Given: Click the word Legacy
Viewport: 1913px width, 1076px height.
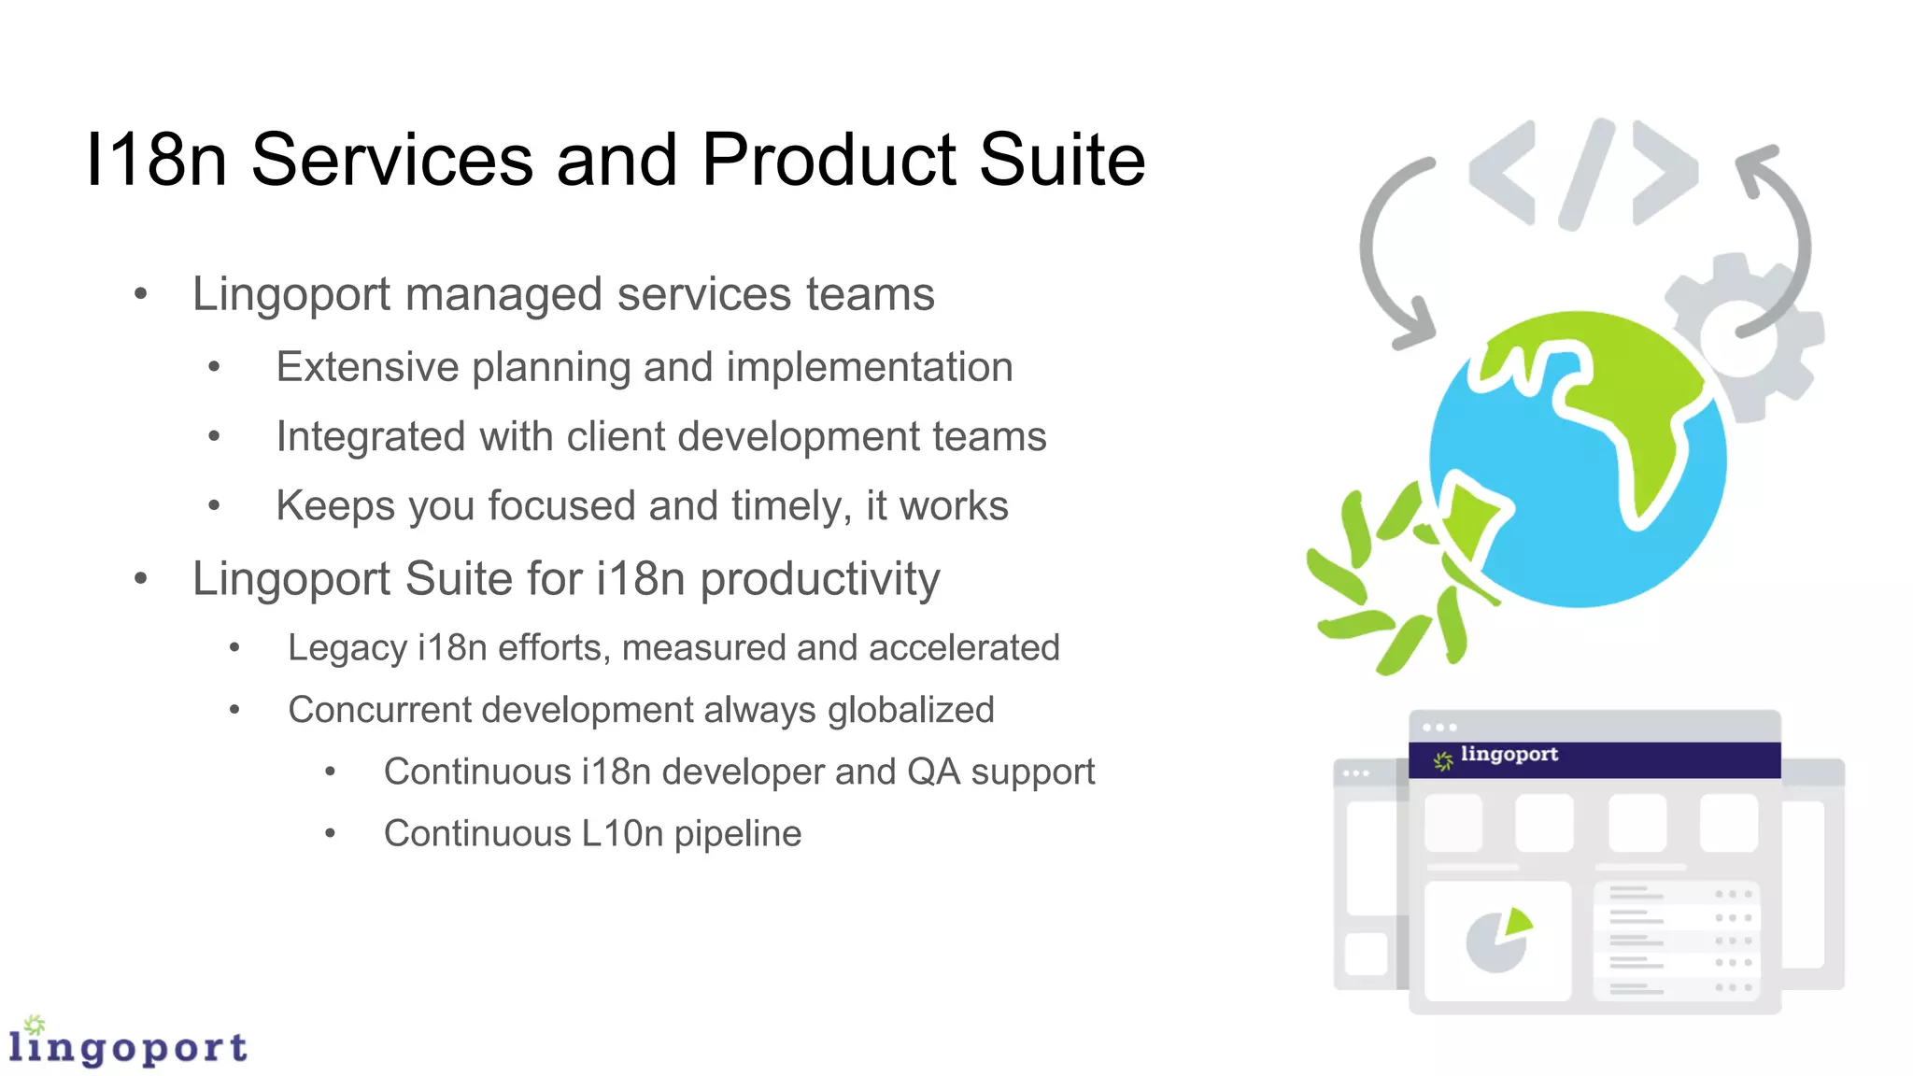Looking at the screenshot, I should pos(347,648).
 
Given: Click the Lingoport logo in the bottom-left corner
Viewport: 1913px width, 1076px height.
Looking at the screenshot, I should pos(127,1043).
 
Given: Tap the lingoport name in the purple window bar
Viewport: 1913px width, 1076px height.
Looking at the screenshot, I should pos(1509,755).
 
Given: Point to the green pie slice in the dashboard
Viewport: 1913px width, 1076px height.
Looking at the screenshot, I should pos(1517,922).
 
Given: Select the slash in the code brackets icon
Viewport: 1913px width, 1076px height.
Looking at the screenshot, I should pos(1586,175).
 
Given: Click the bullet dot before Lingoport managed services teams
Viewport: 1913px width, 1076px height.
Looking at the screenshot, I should pos(141,295).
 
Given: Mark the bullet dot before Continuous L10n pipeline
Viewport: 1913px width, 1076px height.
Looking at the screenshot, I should pos(330,834).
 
